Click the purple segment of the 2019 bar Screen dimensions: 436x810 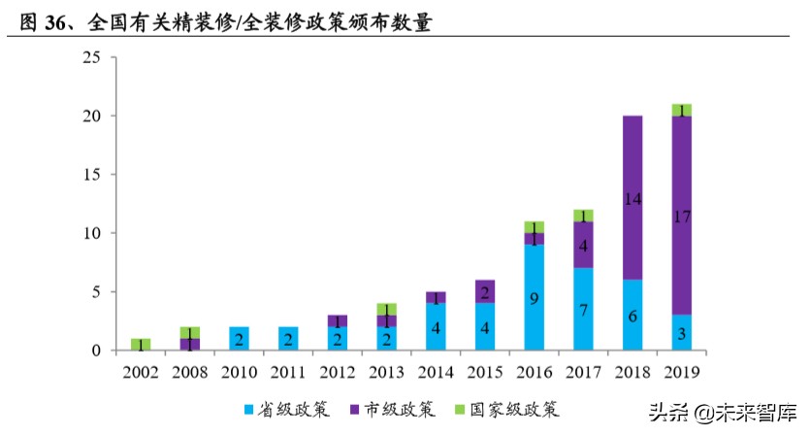click(681, 216)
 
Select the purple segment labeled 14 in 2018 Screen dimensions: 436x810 click(632, 197)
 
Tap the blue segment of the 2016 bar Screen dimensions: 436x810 click(534, 297)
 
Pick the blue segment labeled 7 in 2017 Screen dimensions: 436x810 click(583, 309)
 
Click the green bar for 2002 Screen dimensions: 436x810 click(141, 344)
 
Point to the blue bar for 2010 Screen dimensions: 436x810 click(239, 338)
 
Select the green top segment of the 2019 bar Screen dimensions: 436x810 click(681, 110)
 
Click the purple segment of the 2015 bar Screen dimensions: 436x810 click(485, 291)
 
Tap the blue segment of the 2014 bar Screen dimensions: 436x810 click(436, 326)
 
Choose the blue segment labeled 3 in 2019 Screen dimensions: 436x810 click(681, 332)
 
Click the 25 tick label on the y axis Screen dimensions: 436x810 click(91, 57)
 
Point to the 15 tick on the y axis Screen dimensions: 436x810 click(91, 175)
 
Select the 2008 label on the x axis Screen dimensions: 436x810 click(189, 371)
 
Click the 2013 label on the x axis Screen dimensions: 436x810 click(386, 371)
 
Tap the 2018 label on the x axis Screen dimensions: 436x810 click(632, 371)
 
